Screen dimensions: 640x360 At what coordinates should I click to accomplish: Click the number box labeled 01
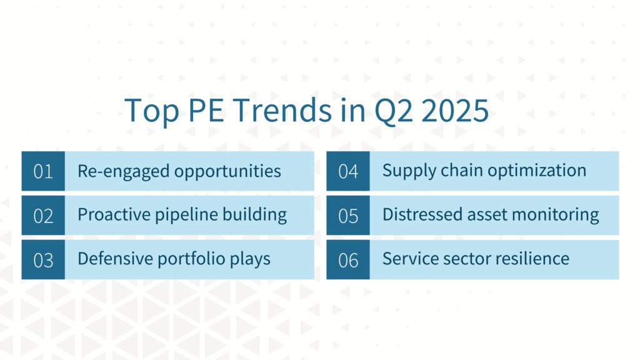click(x=43, y=171)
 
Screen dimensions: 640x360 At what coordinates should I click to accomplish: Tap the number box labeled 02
click(x=43, y=215)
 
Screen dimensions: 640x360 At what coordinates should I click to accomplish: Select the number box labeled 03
click(x=43, y=259)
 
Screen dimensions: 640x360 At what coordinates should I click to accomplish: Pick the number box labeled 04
click(x=348, y=171)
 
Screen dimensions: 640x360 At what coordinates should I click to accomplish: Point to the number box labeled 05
click(x=348, y=215)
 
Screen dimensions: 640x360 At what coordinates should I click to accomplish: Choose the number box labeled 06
click(x=348, y=259)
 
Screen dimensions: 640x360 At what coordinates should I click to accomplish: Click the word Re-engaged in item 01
click(x=123, y=171)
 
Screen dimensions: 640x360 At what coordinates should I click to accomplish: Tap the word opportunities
click(x=227, y=172)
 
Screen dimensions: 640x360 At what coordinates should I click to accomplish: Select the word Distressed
click(x=422, y=215)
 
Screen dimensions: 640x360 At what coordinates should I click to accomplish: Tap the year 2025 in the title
click(x=455, y=110)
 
